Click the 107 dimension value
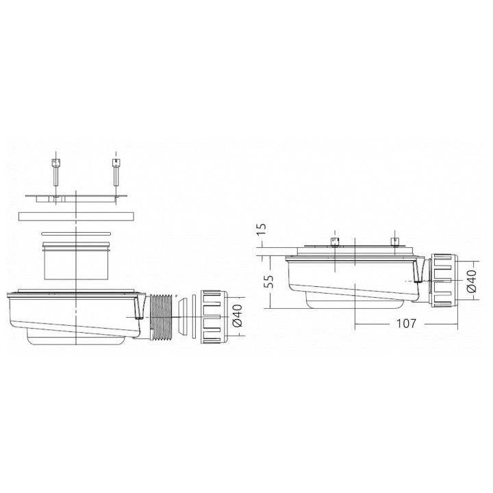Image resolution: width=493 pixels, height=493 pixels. (x=405, y=323)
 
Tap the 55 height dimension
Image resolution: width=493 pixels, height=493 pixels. (x=268, y=281)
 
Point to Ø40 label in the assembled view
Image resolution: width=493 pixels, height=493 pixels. (x=472, y=281)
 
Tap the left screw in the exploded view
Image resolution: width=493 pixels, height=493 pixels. (x=55, y=172)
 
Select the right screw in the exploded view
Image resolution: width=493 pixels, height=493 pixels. (x=116, y=172)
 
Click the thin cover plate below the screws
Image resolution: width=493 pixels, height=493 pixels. (x=77, y=198)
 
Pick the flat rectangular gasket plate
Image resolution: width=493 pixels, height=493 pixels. (x=76, y=216)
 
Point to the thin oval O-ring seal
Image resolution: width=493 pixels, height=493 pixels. (x=76, y=233)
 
